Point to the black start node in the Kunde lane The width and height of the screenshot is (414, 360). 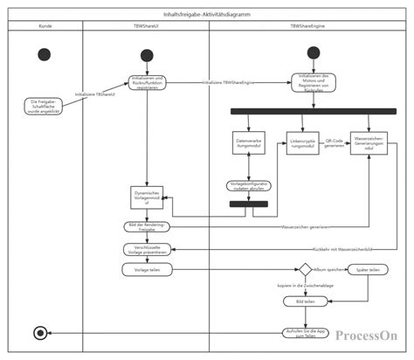click(x=45, y=54)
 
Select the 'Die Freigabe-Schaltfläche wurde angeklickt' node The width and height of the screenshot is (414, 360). click(x=42, y=106)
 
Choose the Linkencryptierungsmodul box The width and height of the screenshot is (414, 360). click(x=302, y=143)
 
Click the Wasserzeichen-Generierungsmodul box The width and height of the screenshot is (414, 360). click(x=369, y=145)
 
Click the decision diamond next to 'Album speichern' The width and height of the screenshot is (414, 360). click(x=305, y=270)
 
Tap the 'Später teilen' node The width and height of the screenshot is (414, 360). click(x=368, y=270)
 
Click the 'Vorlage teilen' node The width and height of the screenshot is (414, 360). click(x=146, y=270)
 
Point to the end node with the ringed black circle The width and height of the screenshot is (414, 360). click(x=38, y=332)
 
